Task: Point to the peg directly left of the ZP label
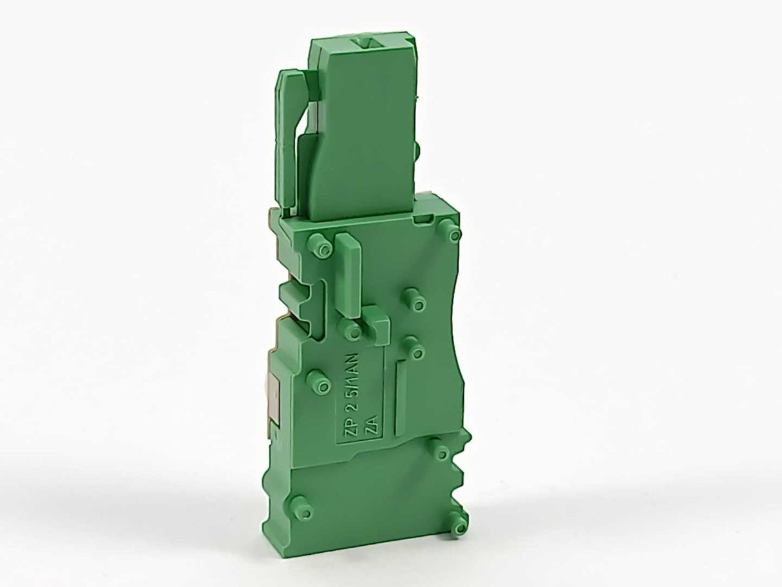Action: pos(316,379)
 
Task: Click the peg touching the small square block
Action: pos(353,331)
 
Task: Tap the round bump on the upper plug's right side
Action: pos(417,149)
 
